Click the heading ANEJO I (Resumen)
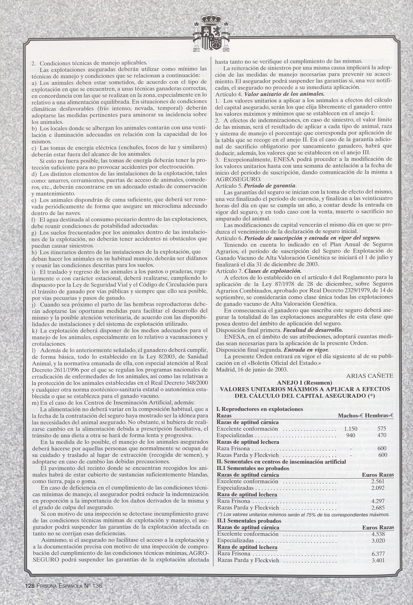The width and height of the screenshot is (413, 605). click(304, 383)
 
